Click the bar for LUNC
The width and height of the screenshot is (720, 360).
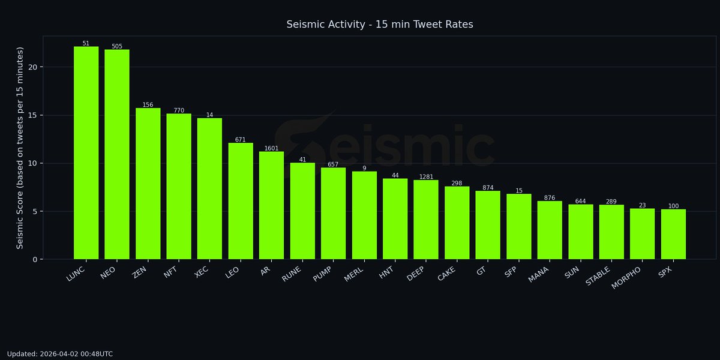pos(86,153)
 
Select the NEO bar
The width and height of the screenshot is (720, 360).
pos(117,154)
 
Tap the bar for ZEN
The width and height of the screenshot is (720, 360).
pos(148,184)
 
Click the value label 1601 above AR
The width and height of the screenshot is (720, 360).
pos(271,148)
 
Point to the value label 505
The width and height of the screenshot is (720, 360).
pos(117,46)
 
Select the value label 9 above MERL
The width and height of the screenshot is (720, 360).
pos(364,168)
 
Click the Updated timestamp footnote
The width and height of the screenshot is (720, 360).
pos(60,354)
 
